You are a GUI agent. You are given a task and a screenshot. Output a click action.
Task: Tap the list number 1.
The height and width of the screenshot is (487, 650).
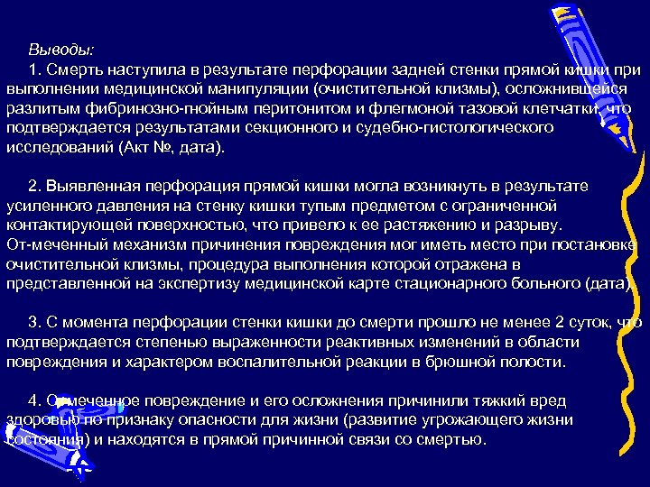tap(33, 69)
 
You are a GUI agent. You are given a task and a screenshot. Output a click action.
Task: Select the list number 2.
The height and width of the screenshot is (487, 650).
tap(33, 186)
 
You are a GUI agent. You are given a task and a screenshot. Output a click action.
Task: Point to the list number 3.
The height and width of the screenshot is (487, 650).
tap(33, 322)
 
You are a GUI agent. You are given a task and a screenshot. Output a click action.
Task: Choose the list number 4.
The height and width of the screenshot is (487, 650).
tap(33, 400)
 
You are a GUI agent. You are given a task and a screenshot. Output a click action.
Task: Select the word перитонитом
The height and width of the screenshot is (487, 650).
tap(302, 108)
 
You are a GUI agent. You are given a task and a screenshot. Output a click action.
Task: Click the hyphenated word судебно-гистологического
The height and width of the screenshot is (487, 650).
tap(461, 128)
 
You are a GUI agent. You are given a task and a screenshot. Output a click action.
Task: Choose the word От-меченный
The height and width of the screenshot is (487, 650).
tap(53, 244)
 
